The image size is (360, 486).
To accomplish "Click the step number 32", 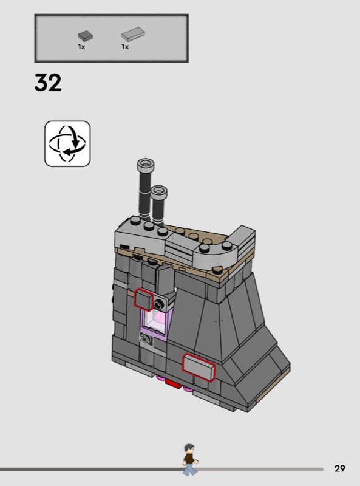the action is click(48, 83).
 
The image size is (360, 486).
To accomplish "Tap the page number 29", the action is click(339, 468).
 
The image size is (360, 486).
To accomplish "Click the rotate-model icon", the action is click(67, 144).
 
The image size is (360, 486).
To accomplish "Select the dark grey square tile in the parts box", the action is click(85, 36).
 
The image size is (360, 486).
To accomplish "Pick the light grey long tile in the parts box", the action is click(133, 34).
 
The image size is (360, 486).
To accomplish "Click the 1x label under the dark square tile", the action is click(81, 47).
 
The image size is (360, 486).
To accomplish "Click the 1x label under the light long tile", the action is click(125, 47).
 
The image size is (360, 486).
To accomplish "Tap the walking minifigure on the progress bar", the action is click(189, 459).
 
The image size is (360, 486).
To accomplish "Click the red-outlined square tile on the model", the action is click(144, 299).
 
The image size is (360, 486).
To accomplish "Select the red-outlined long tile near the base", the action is click(199, 368).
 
